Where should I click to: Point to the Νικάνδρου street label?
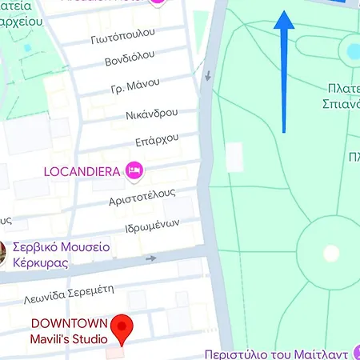click(x=150, y=115)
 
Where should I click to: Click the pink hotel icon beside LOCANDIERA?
click(x=134, y=170)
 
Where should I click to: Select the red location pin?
click(x=121, y=328)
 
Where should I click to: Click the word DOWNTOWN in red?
click(x=65, y=324)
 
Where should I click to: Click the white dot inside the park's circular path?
click(x=330, y=254)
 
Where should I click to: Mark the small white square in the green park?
click(x=234, y=157)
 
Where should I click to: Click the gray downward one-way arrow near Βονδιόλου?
click(x=208, y=77)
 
